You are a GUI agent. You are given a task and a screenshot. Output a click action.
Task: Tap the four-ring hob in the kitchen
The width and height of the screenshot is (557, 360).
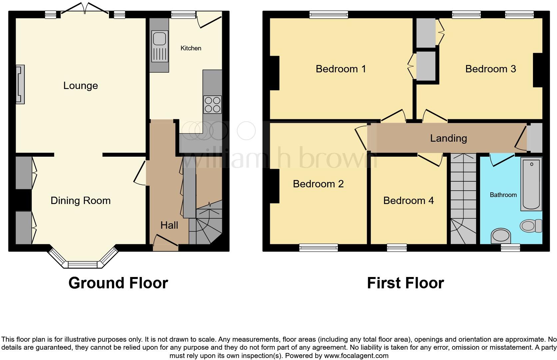[213, 104]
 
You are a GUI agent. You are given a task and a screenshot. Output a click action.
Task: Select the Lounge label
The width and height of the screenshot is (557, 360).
[81, 86]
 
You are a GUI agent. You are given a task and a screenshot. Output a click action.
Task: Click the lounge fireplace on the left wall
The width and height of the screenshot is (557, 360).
[20, 84]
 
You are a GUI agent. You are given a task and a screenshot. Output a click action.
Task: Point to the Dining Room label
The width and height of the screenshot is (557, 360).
[81, 200]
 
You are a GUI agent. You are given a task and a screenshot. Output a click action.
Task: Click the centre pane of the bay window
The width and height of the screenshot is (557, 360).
[82, 265]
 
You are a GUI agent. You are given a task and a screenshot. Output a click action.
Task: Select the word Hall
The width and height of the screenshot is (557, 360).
[169, 225]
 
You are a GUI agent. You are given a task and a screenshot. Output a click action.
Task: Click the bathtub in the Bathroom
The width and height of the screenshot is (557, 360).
[531, 184]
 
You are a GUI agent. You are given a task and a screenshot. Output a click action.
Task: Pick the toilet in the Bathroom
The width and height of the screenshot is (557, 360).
[531, 226]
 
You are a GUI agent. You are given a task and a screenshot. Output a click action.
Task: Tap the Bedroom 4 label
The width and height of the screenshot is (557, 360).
[408, 200]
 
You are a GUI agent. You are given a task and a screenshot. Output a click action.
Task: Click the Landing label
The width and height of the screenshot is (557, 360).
[448, 138]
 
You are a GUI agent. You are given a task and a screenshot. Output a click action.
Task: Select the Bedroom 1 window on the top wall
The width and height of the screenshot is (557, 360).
[328, 14]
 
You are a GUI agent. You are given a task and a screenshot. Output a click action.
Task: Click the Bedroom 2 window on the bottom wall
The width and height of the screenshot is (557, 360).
[318, 247]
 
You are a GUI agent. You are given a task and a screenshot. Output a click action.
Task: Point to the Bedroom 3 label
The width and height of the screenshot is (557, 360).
[490, 69]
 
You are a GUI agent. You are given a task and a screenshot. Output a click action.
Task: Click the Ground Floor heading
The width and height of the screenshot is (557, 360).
[118, 283]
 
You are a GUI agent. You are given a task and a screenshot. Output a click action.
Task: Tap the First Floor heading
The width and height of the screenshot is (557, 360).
[405, 283]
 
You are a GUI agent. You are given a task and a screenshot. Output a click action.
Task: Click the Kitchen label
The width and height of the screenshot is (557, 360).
[191, 48]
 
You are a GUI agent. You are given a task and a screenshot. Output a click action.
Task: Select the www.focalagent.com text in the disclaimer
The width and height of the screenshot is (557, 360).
[356, 356]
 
